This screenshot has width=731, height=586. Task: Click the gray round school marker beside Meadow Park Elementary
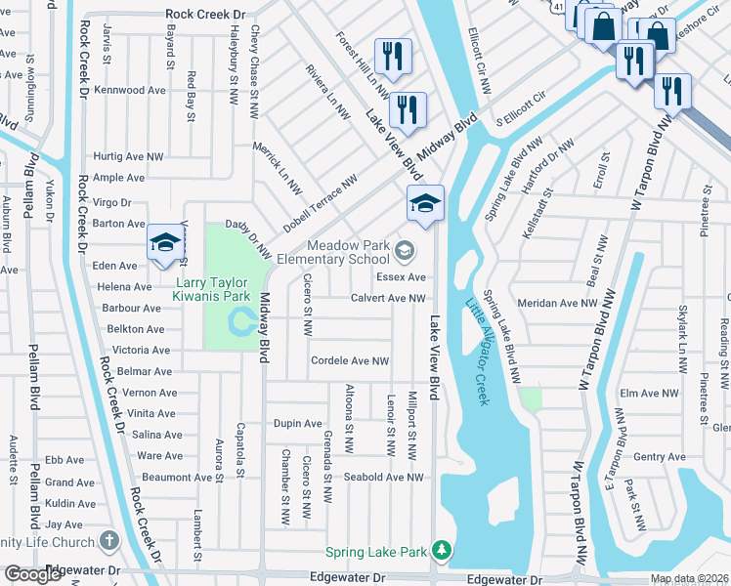tap(404, 253)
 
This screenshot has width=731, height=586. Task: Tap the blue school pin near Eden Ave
tap(166, 244)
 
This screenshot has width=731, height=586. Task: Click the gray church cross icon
tap(107, 539)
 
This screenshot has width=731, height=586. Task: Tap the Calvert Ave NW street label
tap(388, 299)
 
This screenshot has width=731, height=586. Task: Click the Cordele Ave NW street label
tap(350, 361)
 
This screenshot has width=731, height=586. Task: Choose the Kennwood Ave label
tap(131, 90)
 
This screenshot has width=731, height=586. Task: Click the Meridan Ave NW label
tap(557, 304)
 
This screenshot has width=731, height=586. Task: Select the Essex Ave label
tap(408, 277)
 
